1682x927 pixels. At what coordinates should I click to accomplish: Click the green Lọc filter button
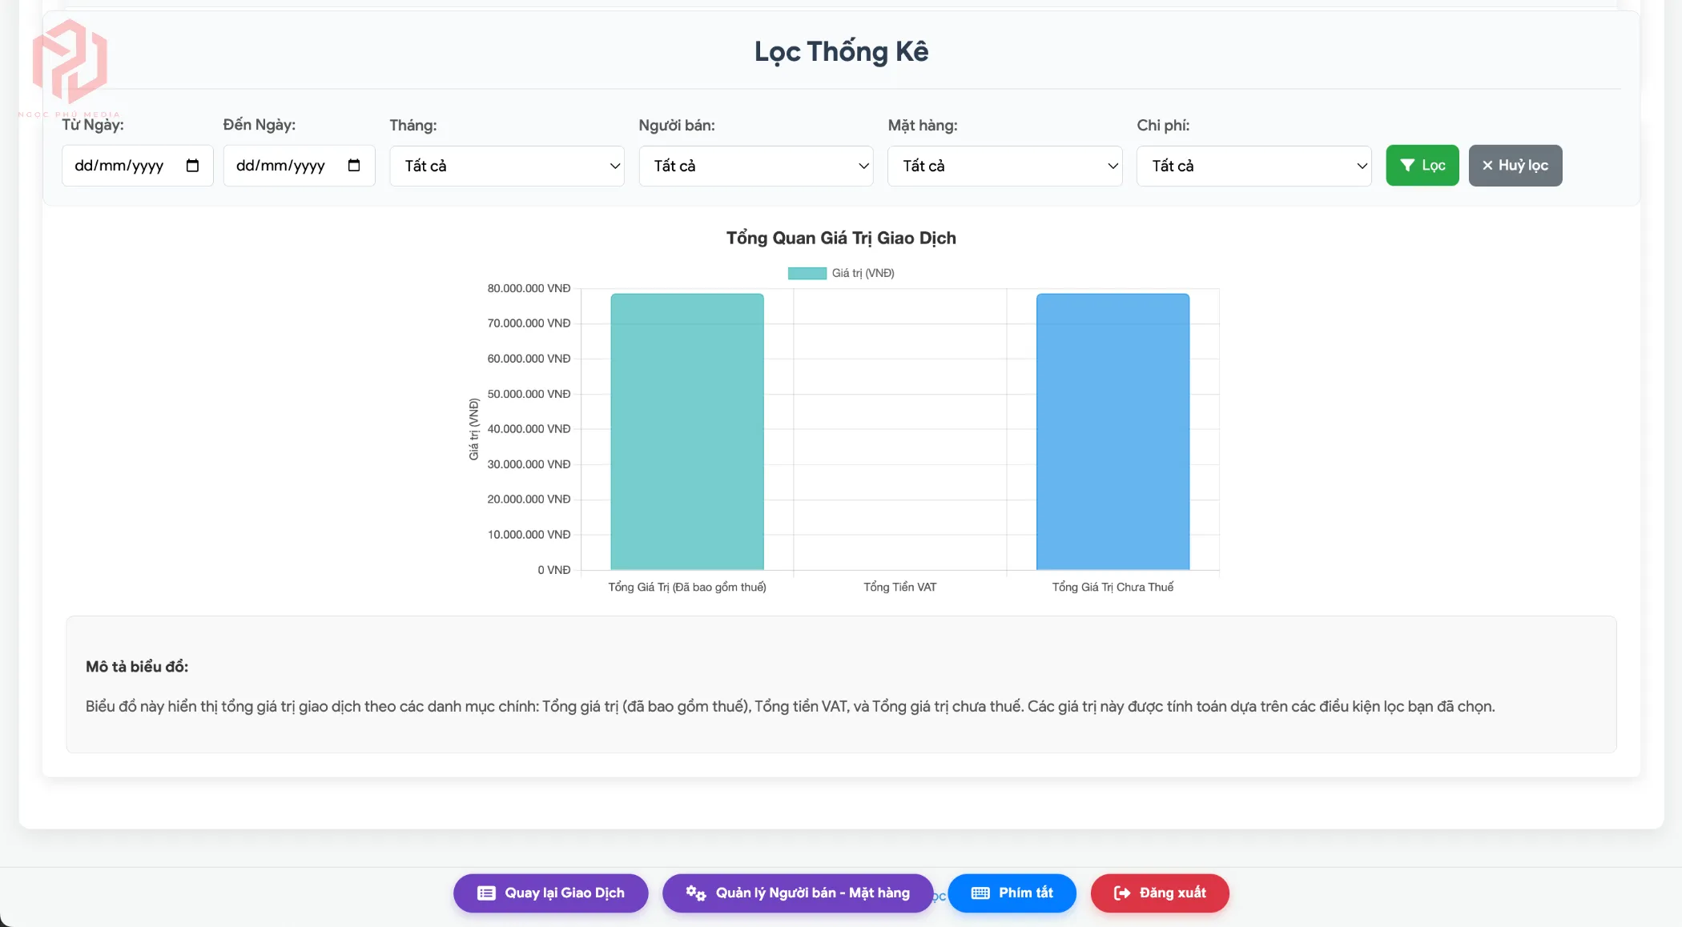tap(1422, 166)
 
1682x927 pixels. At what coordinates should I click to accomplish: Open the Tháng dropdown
tap(506, 166)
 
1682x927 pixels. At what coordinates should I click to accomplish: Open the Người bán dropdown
tap(755, 166)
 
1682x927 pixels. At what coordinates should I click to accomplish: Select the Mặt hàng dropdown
tap(1004, 166)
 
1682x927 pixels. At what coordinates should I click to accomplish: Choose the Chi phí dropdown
tap(1253, 166)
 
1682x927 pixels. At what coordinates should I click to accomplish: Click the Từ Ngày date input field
tap(120, 166)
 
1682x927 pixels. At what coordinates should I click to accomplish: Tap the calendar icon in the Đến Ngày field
tap(354, 166)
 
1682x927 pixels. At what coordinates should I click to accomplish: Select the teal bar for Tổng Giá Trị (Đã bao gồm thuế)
tap(686, 431)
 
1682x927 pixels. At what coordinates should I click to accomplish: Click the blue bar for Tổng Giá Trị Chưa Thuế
tap(1113, 431)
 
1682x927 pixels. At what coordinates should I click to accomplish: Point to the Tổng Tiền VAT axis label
tap(899, 588)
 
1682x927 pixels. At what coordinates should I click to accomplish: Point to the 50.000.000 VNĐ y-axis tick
tap(529, 394)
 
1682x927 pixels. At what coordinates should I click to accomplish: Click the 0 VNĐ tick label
tap(553, 570)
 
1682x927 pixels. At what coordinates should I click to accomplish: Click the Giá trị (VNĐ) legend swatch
tap(807, 274)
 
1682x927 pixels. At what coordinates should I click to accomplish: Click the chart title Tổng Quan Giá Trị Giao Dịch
tap(841, 238)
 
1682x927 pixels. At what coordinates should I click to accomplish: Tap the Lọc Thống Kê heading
tap(841, 52)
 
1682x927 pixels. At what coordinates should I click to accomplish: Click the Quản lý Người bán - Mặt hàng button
tap(797, 893)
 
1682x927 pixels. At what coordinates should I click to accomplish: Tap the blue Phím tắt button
tap(1012, 893)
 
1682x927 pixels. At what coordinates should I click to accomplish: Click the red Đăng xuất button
tap(1159, 893)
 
